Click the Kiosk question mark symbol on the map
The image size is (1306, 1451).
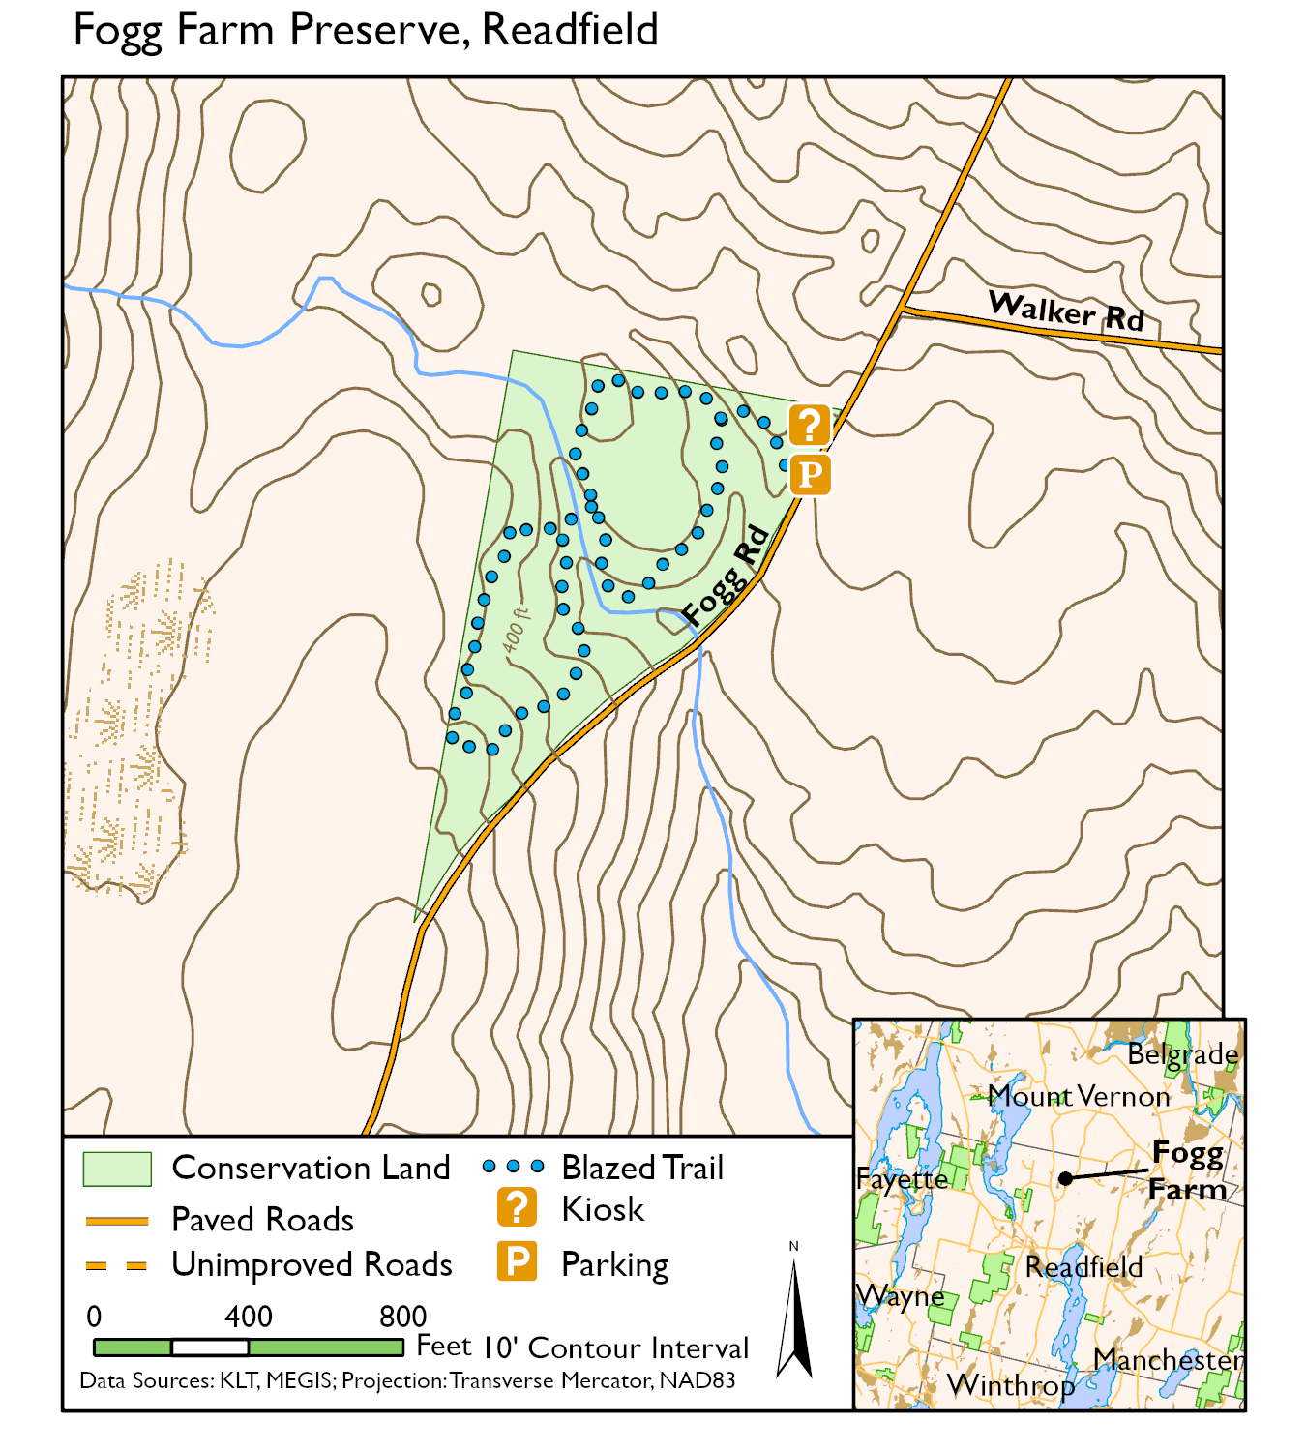(810, 425)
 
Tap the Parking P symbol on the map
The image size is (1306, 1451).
(810, 475)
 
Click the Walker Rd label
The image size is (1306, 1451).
(1066, 311)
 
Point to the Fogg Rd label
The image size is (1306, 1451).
(725, 577)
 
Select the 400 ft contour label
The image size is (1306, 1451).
(517, 630)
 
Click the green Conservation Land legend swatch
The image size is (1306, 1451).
(117, 1169)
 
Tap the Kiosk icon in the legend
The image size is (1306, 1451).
(517, 1208)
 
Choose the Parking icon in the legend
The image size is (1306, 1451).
(517, 1261)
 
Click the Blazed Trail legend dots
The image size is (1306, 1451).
(513, 1167)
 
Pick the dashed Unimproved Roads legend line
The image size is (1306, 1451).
(117, 1265)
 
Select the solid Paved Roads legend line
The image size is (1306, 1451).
(117, 1221)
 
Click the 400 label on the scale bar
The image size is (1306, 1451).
(249, 1317)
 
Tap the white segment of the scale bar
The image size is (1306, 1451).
(210, 1347)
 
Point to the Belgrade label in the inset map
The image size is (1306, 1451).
(1182, 1054)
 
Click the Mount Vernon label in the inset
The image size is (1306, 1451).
(1079, 1097)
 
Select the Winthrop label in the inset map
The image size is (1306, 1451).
(1011, 1385)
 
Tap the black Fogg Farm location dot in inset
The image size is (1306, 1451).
(1065, 1178)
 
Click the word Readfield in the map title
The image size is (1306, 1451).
(570, 30)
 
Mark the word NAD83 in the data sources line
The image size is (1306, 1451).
(697, 1380)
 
